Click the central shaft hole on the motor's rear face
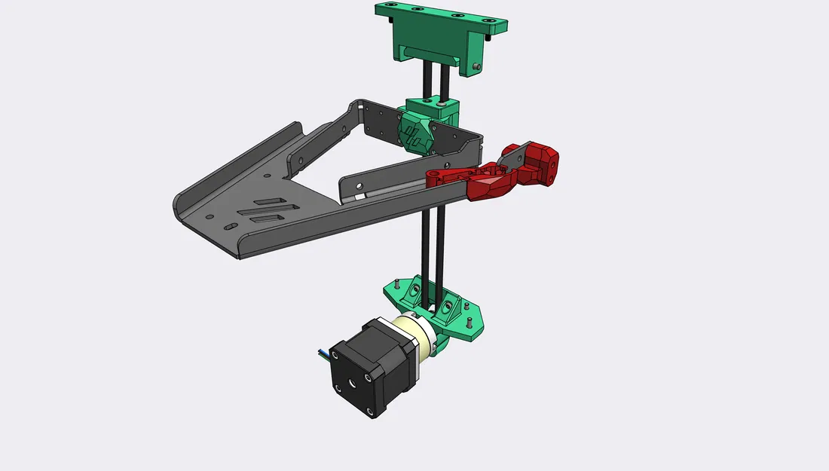pyautogui.click(x=353, y=383)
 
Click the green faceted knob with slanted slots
pyautogui.click(x=413, y=134)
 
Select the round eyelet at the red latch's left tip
pyautogui.click(x=432, y=178)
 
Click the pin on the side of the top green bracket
pyautogui.click(x=478, y=67)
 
